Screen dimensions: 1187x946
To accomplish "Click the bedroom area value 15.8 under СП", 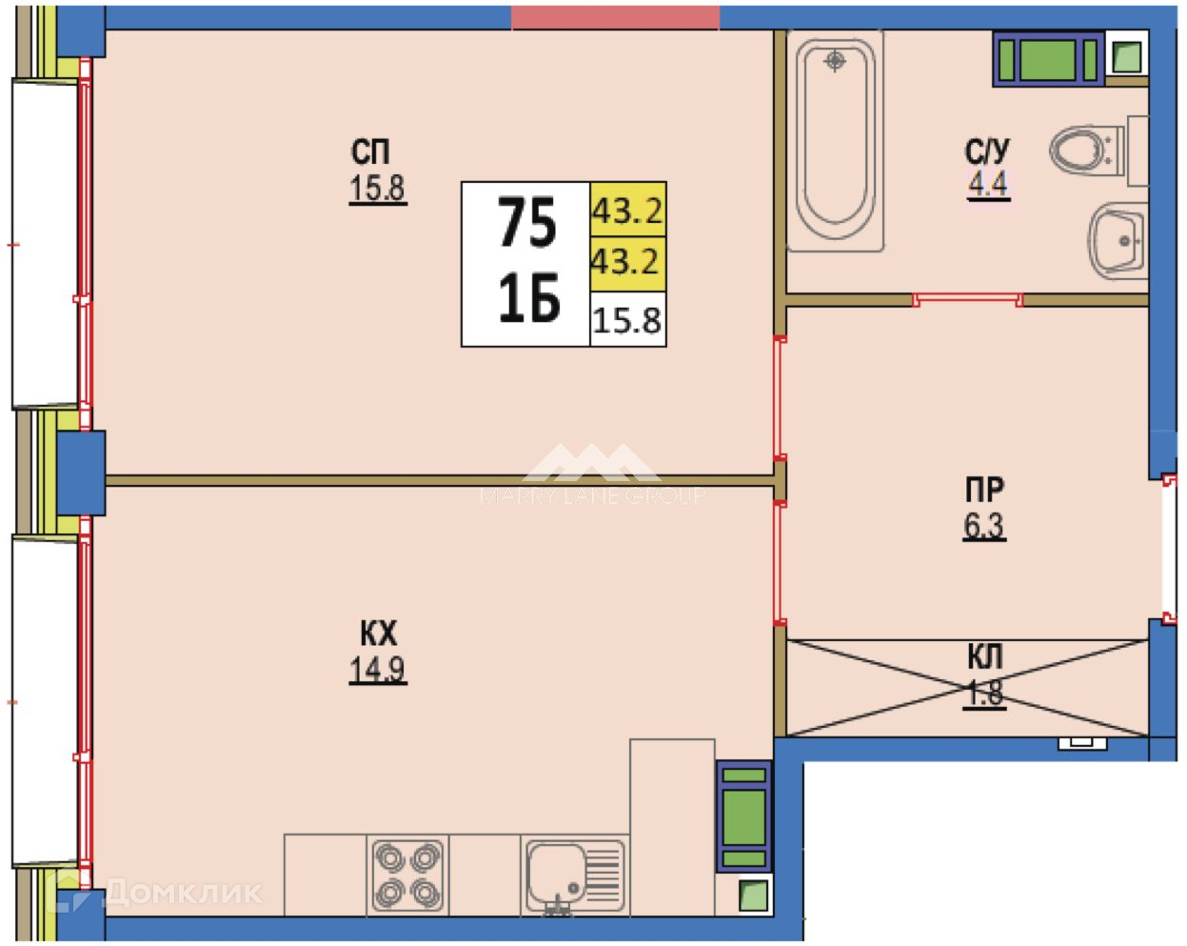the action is pos(377,190).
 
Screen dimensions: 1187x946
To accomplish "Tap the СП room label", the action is pos(370,152).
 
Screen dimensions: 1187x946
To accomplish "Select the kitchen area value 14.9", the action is pos(377,671).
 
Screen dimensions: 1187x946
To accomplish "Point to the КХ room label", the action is pos(378,634).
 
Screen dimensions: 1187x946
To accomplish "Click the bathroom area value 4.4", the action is pos(988,184).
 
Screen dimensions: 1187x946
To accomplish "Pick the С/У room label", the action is pos(987,151).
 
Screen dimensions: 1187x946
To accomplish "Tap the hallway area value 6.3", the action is pos(983,526).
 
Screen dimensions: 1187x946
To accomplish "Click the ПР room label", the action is pos(984,491).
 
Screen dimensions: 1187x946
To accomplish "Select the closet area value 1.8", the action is pos(984,694).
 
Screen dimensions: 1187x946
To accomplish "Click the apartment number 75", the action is pos(527,225).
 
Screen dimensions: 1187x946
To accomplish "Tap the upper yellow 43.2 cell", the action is pos(627,210).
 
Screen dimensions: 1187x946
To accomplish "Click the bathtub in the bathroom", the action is pos(835,143).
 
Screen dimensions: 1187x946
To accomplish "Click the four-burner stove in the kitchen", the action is pos(408,875).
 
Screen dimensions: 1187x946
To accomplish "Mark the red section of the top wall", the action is pos(615,16).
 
